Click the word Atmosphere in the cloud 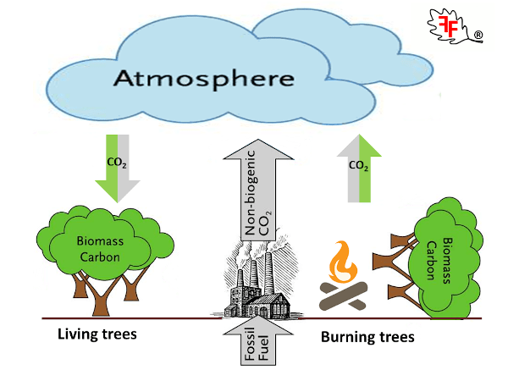coord(203,80)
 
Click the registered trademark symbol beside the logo coord(478,36)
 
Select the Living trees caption coord(97,334)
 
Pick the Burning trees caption coord(367,337)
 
